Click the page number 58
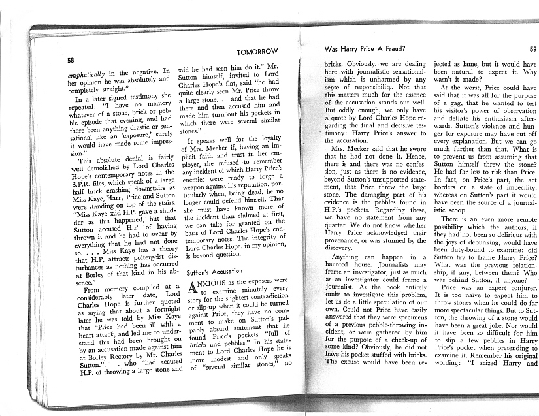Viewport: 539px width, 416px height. point(71,60)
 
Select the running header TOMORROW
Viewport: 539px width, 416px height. point(257,51)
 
